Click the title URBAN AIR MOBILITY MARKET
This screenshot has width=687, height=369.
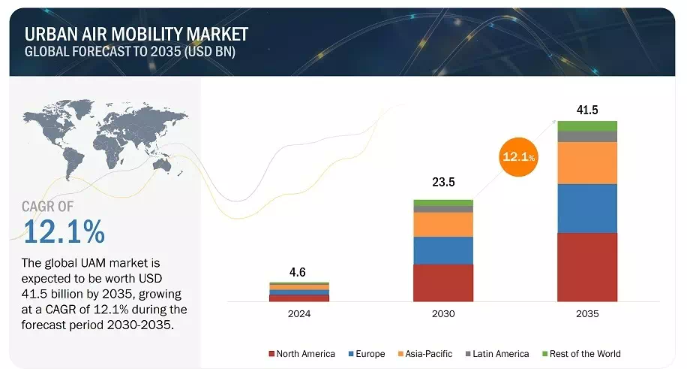(x=136, y=34)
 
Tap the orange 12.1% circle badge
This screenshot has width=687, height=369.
(x=519, y=157)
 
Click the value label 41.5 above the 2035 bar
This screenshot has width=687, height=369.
(x=587, y=110)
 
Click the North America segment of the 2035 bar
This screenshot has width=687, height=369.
(x=587, y=267)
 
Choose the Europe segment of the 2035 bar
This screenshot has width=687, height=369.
(x=587, y=208)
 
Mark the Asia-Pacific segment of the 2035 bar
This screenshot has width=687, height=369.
(x=587, y=163)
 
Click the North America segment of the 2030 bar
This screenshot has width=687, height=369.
(x=443, y=283)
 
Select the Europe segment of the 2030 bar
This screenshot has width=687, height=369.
(x=443, y=250)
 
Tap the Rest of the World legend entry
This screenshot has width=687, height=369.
(x=582, y=353)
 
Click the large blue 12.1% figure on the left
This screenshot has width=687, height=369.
(x=64, y=231)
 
